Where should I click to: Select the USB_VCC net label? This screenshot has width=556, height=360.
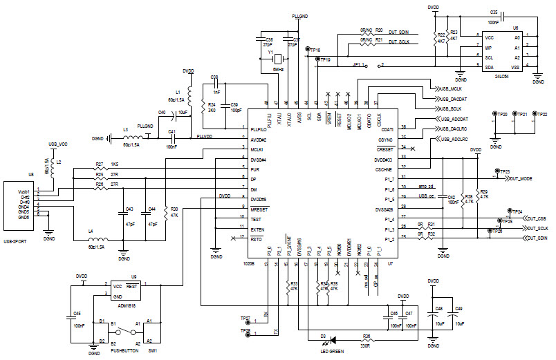58,144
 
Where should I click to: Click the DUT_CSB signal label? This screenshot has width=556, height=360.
536,218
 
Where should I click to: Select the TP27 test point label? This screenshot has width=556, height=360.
245,319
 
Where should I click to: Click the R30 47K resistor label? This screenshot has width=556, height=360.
174,211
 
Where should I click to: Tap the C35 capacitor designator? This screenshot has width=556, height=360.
494,12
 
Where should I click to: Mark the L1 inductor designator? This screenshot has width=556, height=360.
178,91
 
